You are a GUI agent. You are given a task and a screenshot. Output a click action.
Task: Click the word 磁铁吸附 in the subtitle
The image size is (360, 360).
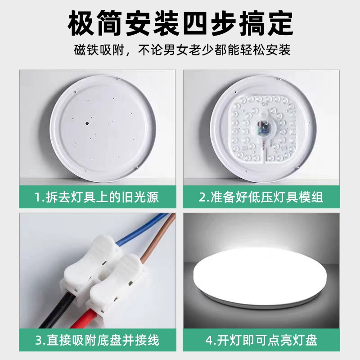[x=94, y=49]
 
